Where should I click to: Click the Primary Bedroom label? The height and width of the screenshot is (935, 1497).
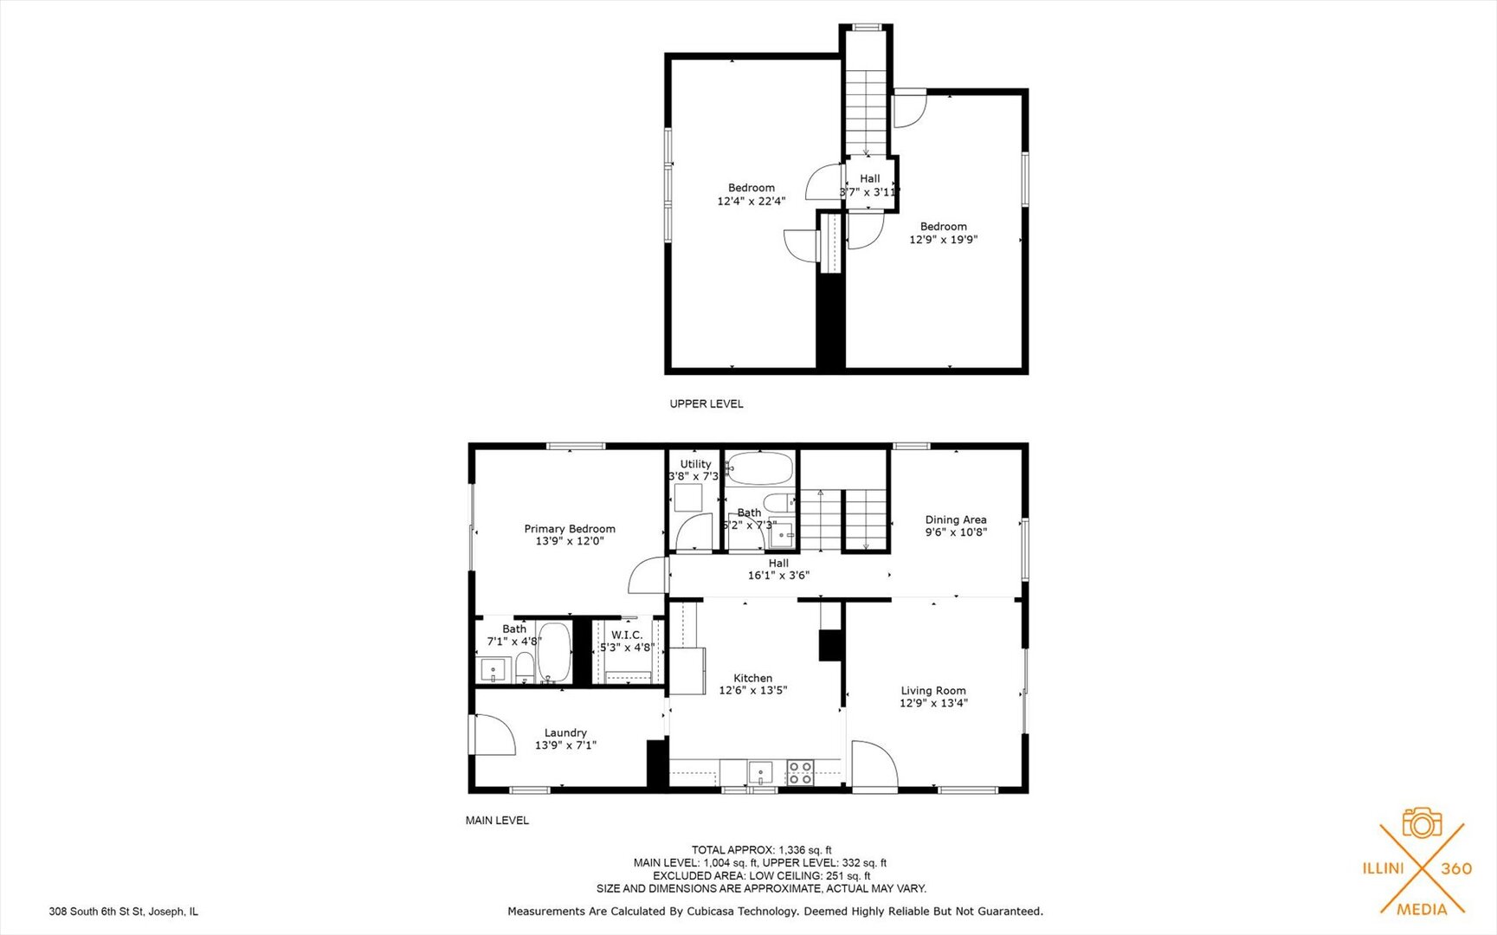tap(570, 529)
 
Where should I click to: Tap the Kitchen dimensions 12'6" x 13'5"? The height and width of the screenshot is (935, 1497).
tap(752, 691)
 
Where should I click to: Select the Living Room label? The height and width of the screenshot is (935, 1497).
tap(932, 691)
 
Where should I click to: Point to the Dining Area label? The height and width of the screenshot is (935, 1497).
tap(955, 519)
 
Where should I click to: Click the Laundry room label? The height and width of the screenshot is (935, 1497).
tap(565, 732)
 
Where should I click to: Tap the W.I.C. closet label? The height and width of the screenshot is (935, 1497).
tap(627, 635)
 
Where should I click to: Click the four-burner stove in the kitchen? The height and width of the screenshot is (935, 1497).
tap(800, 772)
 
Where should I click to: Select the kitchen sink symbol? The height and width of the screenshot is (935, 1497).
tap(761, 771)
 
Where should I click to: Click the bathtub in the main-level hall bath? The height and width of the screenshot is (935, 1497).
tap(759, 468)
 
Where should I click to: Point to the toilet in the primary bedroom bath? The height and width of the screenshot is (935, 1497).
tap(525, 667)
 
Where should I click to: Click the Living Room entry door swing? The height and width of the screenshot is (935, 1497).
tap(873, 764)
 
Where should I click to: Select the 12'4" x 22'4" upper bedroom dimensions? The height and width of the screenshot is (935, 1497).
tap(751, 201)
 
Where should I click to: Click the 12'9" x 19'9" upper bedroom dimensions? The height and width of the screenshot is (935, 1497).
tap(943, 240)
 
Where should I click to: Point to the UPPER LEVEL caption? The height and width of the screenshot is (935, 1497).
tap(706, 403)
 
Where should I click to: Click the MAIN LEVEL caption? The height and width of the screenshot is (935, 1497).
tap(497, 820)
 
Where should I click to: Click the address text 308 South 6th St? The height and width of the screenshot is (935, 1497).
tap(124, 912)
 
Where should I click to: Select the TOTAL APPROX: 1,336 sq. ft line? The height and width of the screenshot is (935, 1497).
tap(761, 850)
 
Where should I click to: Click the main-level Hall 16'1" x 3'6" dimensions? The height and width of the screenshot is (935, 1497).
tap(778, 575)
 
